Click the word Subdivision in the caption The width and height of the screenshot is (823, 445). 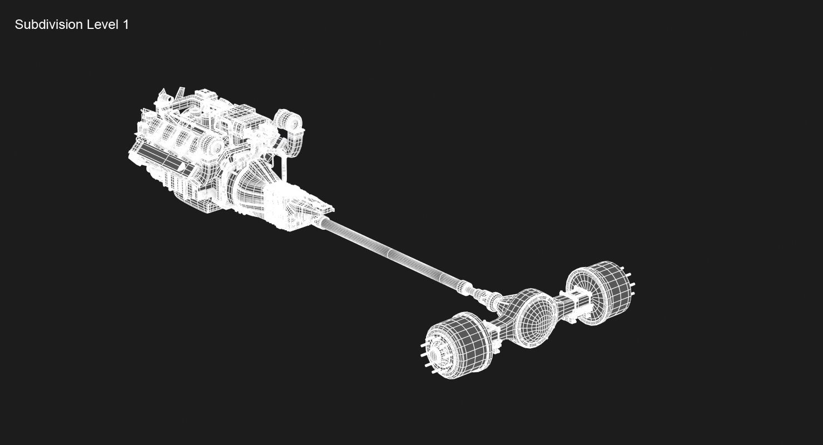[48, 24]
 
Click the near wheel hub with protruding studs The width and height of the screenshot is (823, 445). [437, 354]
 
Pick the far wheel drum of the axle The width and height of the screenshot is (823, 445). [599, 292]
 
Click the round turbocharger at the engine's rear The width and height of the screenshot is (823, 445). [289, 120]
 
